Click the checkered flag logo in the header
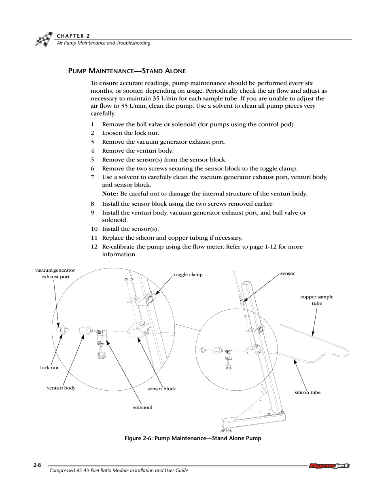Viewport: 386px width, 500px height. (x=43, y=40)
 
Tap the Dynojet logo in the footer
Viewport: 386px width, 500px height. (x=329, y=466)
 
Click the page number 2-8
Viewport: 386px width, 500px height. (x=37, y=465)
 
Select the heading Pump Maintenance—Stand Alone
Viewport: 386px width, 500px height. (x=127, y=71)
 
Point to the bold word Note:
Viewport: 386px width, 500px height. (x=110, y=194)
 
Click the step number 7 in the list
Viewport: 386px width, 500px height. (x=93, y=177)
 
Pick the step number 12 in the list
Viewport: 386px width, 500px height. (x=94, y=247)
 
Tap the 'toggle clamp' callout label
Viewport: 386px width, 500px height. (x=188, y=274)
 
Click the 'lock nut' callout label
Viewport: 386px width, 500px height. (x=49, y=368)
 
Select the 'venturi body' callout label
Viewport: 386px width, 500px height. (x=61, y=388)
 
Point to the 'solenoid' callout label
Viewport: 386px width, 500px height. (x=143, y=407)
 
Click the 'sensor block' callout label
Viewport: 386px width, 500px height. (x=162, y=389)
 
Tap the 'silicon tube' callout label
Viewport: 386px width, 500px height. (x=308, y=392)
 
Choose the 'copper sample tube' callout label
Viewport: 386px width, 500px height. (x=317, y=300)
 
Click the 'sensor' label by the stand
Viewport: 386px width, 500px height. (x=288, y=273)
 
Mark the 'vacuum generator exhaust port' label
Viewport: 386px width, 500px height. (x=55, y=273)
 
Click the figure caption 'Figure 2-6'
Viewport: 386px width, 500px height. (x=193, y=438)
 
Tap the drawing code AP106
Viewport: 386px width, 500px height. (x=226, y=431)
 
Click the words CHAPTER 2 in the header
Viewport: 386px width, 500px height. (x=73, y=36)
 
